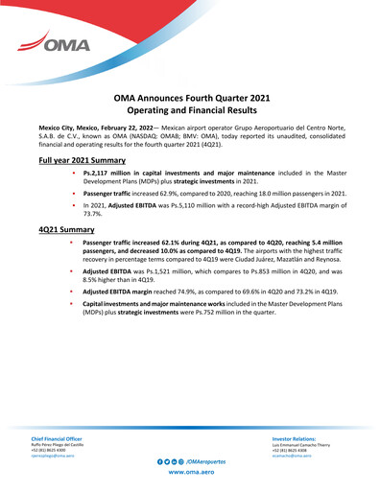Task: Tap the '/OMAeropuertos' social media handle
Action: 204,461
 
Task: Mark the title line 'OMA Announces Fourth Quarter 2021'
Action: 189,98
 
